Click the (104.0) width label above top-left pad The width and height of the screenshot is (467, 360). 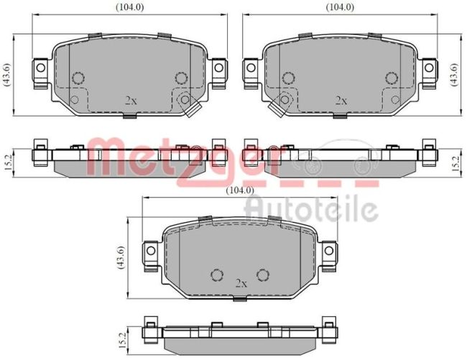coord(129,7)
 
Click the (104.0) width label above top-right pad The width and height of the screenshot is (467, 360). coord(340,7)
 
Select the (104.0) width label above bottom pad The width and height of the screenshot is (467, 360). coord(240,190)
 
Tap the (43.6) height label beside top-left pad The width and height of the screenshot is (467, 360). coord(6,75)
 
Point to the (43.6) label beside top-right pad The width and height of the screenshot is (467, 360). coord(455,75)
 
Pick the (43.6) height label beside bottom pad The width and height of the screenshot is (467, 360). coord(121,257)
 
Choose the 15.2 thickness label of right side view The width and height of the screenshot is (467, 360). coord(456,164)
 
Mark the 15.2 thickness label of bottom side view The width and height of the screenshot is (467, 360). coord(122,341)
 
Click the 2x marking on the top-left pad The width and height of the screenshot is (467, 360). coord(131,101)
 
